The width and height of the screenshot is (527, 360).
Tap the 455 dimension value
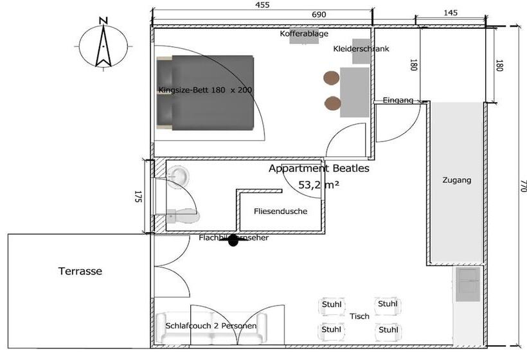(263, 5)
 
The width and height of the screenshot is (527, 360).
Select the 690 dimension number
(319, 14)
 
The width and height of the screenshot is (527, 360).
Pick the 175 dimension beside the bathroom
(137, 197)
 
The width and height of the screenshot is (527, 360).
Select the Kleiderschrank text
(361, 49)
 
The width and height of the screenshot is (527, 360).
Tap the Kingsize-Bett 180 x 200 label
(205, 90)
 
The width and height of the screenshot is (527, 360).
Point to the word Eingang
(398, 100)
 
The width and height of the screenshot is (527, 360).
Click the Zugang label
(456, 181)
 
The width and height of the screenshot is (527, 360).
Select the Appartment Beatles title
(319, 169)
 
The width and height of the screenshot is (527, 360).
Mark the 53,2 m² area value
(319, 184)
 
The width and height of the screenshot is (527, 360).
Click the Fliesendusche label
(280, 211)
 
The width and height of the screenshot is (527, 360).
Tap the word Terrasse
(80, 271)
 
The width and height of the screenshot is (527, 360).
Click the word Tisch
(359, 316)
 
